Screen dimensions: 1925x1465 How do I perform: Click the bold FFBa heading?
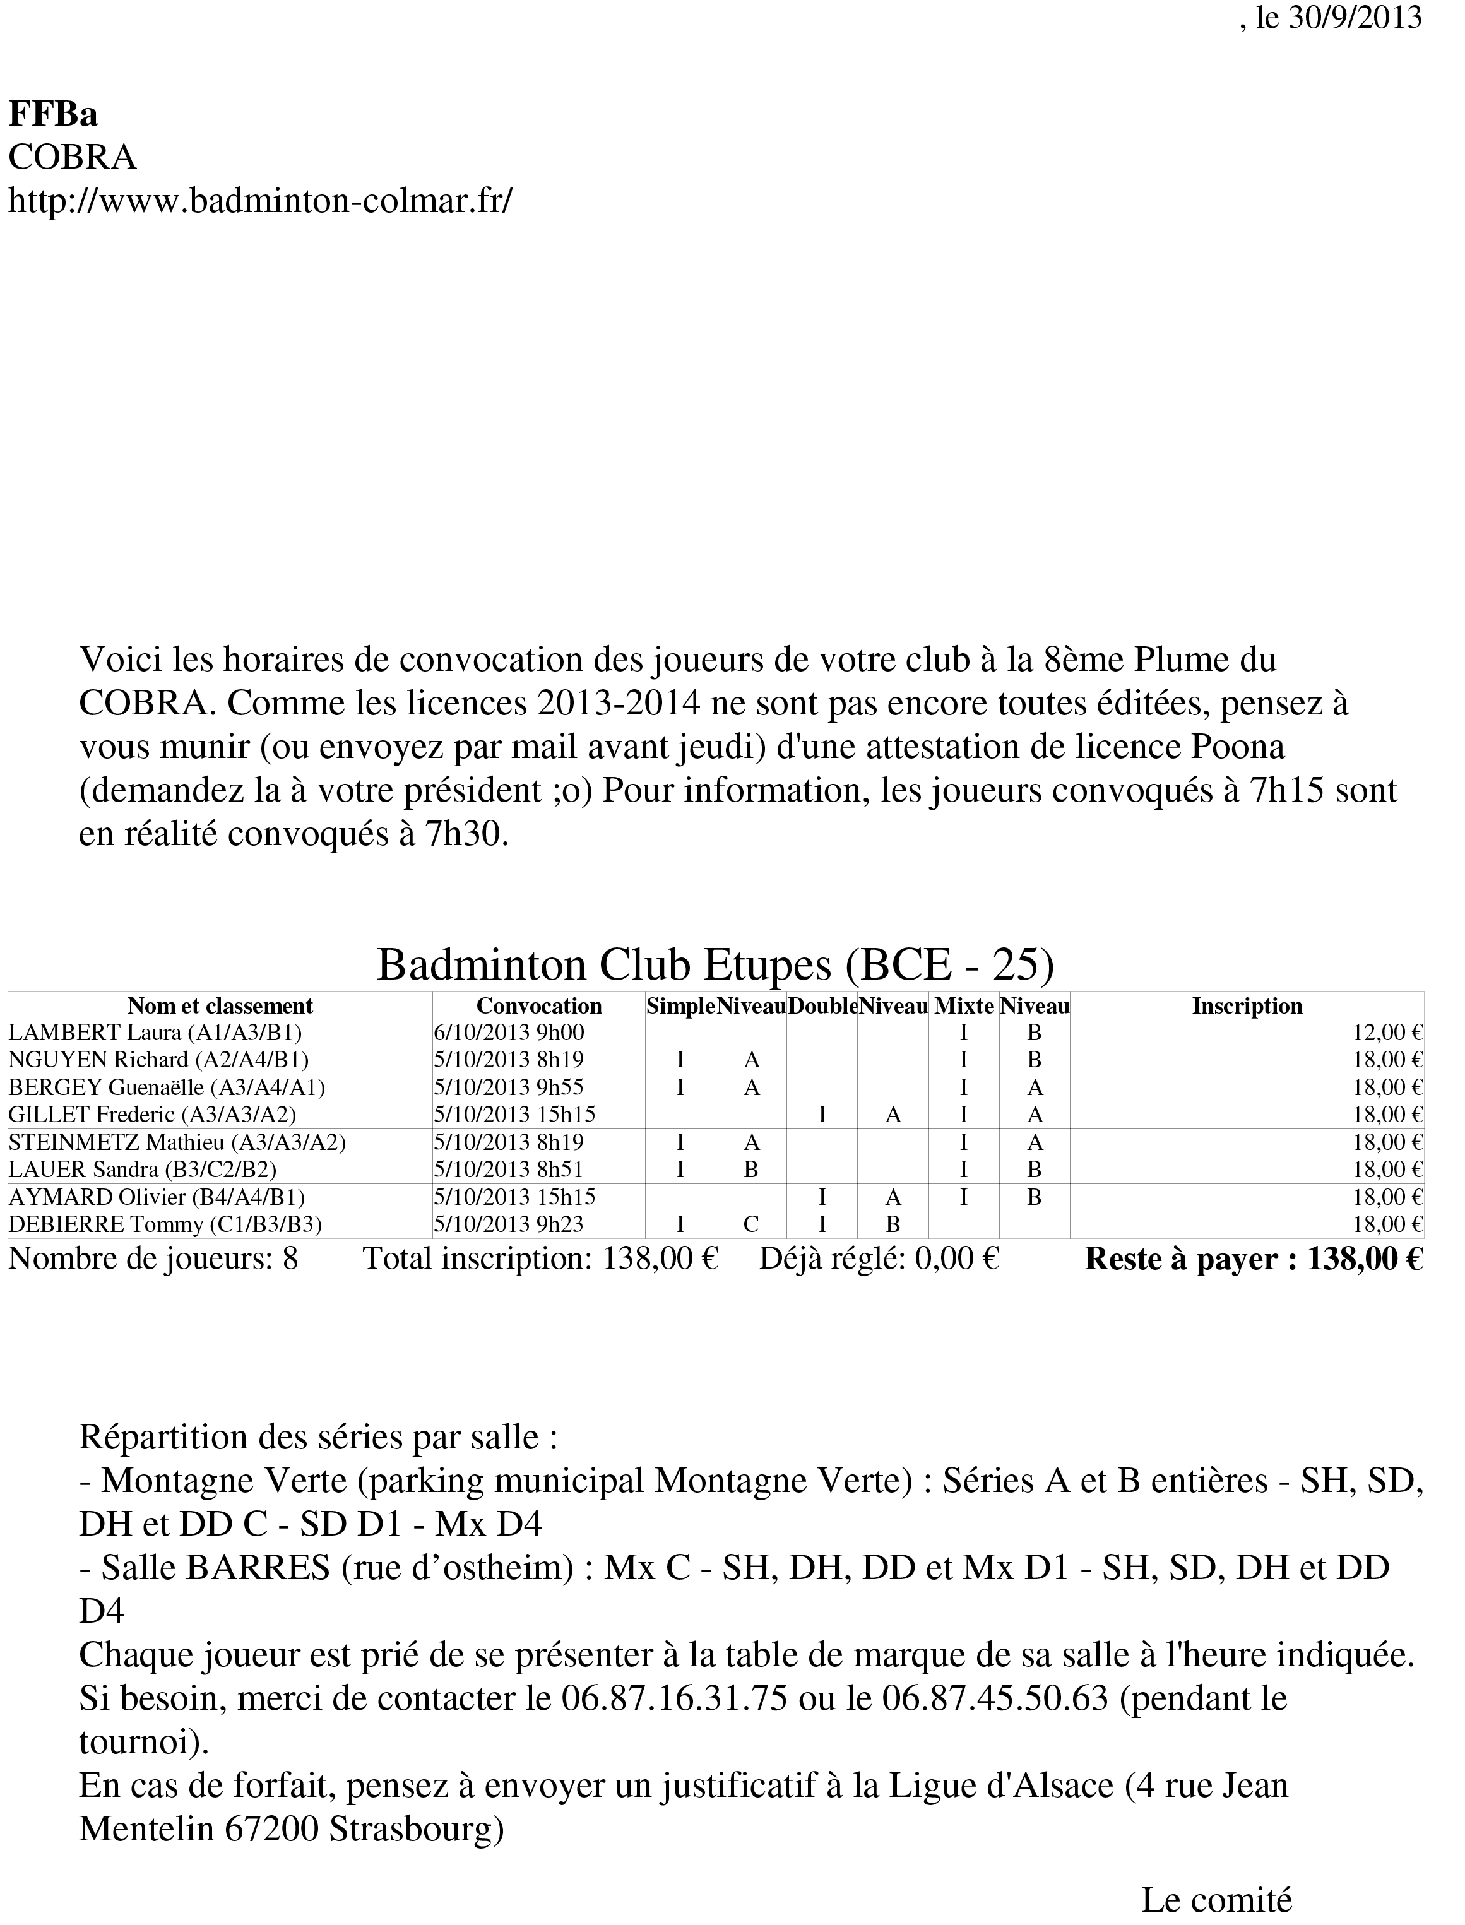(53, 114)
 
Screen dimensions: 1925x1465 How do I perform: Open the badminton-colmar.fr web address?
(260, 201)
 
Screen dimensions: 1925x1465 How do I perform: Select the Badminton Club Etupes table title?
(715, 964)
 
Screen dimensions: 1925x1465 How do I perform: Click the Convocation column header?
(539, 1006)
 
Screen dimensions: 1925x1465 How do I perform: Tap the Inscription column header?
(1247, 1006)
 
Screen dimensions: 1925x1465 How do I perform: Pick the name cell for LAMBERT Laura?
(155, 1033)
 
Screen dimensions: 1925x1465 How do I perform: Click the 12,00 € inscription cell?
(1387, 1033)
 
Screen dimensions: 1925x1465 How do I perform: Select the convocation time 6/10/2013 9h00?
(508, 1033)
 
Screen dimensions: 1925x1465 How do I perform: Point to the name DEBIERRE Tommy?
(165, 1225)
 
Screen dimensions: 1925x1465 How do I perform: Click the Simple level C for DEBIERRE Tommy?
(751, 1225)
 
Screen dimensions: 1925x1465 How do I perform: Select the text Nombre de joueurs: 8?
(153, 1260)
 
